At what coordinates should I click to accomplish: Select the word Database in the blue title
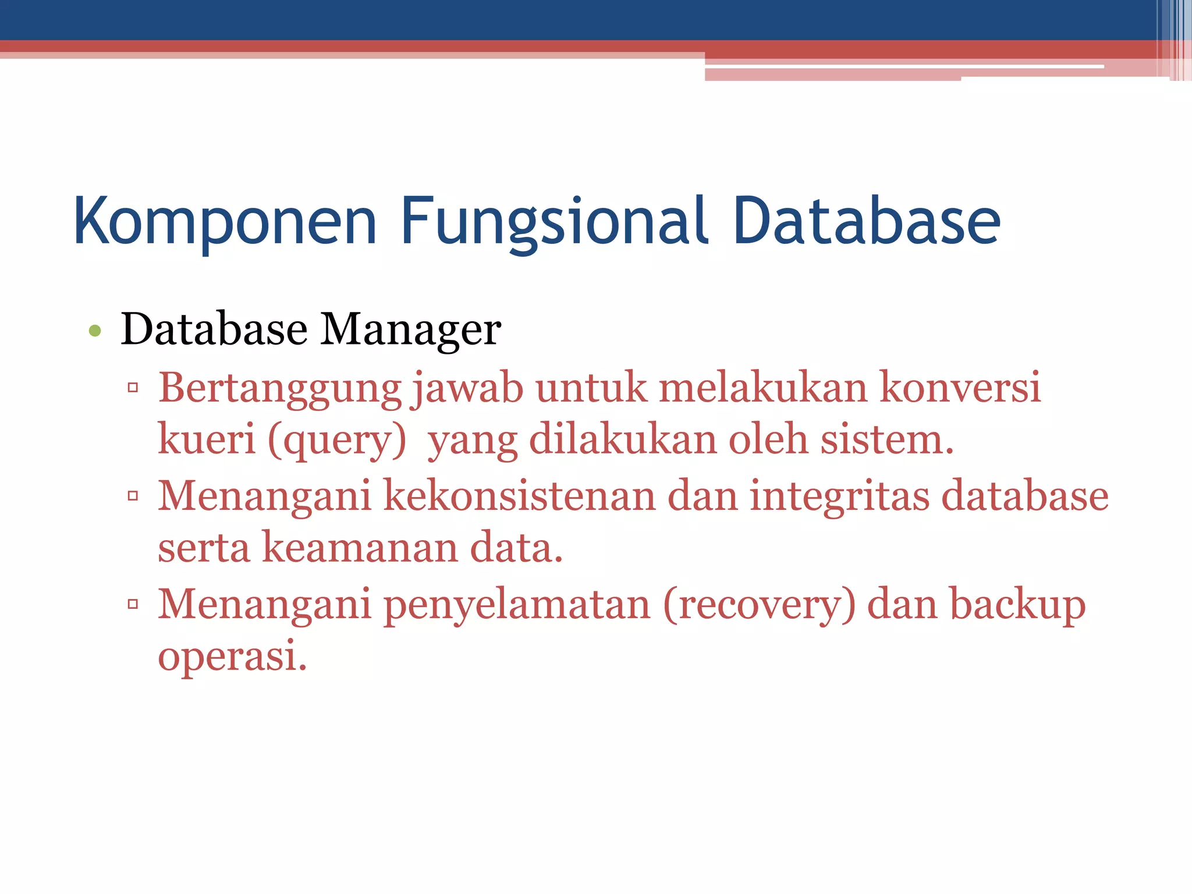tap(866, 221)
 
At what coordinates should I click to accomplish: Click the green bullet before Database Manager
tap(95, 331)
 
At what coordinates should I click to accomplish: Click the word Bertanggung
tap(280, 388)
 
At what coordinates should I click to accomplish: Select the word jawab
tap(467, 388)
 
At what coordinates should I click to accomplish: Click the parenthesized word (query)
tap(337, 440)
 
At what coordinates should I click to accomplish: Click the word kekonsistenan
tap(519, 496)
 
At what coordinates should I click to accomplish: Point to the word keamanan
tap(360, 548)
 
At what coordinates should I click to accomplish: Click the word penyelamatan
tap(517, 605)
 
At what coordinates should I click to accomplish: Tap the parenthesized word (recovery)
tap(760, 605)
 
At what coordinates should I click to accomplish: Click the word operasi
tap(232, 656)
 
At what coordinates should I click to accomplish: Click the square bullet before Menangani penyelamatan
tap(133, 604)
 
